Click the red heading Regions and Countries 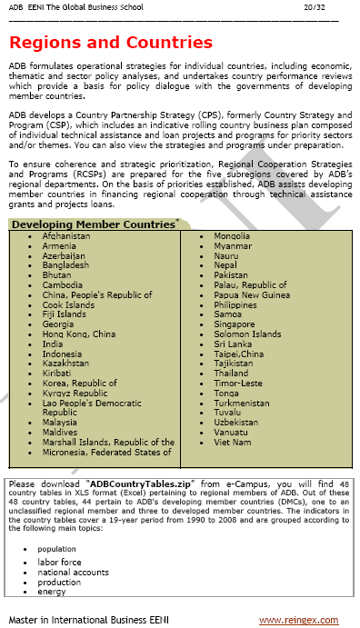tap(110, 43)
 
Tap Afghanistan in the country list tap(66, 236)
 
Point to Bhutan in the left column tap(56, 274)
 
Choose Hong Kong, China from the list tap(79, 334)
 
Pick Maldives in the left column tap(61, 432)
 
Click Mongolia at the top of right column tap(232, 236)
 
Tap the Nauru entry tap(226, 255)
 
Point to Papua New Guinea tap(253, 294)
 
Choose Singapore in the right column tap(235, 324)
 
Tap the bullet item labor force tap(59, 563)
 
